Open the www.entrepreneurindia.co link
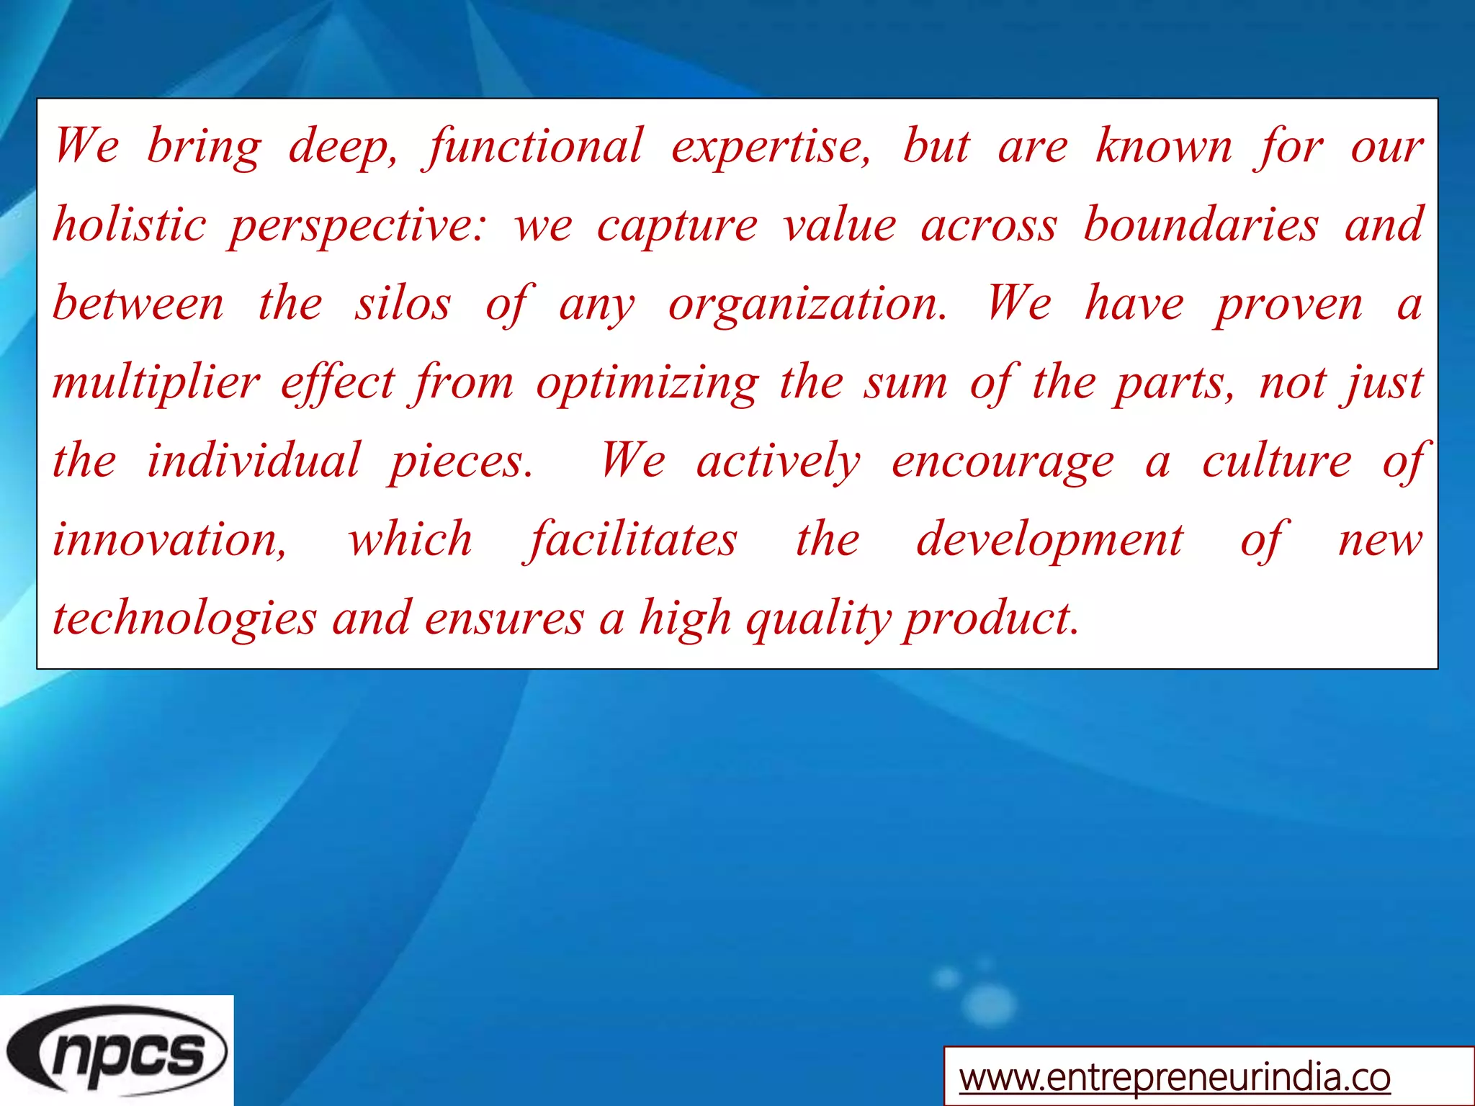coord(1174,1078)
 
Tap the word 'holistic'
coord(130,225)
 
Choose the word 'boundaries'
coord(1201,225)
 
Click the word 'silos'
coord(402,304)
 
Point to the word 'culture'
coord(1276,461)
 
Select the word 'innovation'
coord(169,540)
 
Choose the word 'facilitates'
coord(632,540)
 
